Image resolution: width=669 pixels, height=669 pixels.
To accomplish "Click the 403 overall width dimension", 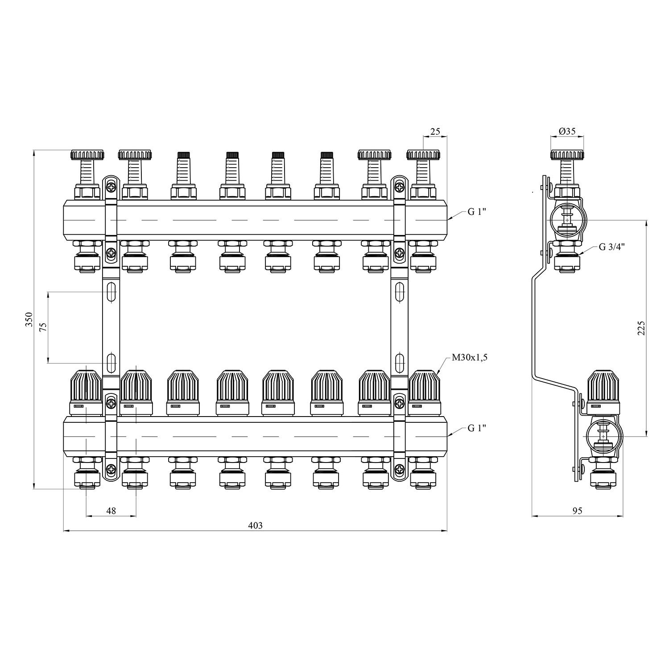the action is pos(255,525).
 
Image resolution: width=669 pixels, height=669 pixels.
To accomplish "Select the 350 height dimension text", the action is pos(29,320).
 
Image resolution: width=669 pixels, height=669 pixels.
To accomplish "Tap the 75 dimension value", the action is pos(43,327).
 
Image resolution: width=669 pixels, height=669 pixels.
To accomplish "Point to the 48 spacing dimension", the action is pos(111,511).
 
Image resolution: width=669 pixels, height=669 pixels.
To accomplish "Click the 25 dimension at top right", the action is pos(435,132).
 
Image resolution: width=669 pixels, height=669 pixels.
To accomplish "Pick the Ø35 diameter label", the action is pos(567,132).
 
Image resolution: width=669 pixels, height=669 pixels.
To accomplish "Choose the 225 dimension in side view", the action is pos(641,328).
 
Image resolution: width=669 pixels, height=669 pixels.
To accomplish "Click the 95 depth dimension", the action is pos(577,511).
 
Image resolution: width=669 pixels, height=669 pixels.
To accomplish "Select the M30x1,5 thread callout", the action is pos(469,357).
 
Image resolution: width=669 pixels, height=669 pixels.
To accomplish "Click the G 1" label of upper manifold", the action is pos(477,211).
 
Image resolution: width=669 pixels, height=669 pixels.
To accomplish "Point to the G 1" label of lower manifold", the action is pos(477,428).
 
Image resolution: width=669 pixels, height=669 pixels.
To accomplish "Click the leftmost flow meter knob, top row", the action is pos(87,155).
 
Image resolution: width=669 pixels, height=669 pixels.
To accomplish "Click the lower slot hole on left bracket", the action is pos(111,362).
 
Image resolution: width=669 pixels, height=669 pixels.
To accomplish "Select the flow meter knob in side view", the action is pos(567,155).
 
